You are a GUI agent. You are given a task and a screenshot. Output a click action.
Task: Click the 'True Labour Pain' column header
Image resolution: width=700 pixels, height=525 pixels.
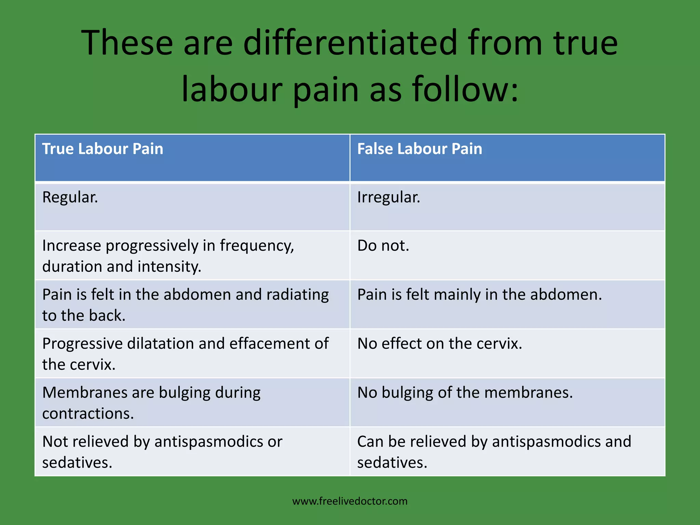(x=103, y=149)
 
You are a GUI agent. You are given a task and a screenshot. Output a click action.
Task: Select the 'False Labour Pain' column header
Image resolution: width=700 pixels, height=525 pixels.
(x=419, y=149)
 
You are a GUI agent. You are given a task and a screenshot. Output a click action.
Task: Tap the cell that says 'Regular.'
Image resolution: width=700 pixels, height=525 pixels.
(x=70, y=198)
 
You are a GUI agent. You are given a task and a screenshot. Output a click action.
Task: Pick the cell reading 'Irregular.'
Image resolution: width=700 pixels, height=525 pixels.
(x=389, y=198)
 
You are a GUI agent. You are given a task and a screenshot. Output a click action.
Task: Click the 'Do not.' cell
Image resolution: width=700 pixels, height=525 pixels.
(x=383, y=246)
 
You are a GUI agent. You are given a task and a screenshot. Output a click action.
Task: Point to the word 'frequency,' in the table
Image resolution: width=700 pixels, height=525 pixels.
(x=257, y=246)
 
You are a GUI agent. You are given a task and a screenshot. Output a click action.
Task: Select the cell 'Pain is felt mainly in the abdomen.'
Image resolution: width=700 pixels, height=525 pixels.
(x=479, y=295)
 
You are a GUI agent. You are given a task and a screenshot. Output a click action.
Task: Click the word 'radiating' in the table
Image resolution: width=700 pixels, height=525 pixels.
(x=297, y=295)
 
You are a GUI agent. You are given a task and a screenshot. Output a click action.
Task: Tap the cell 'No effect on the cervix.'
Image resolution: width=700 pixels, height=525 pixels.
(x=440, y=344)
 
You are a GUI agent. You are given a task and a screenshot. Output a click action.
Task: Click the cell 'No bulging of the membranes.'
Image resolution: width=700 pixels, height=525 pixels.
(x=465, y=393)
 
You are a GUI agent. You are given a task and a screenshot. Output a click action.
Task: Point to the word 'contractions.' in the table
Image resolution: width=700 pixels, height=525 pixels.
(x=88, y=414)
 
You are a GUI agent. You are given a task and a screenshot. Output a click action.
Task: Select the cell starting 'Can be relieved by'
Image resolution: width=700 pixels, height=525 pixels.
(x=494, y=452)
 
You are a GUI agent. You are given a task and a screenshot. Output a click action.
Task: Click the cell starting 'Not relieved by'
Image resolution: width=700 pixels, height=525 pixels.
(x=162, y=452)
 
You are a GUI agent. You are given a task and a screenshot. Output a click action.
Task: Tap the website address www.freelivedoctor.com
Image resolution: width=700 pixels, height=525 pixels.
(x=350, y=501)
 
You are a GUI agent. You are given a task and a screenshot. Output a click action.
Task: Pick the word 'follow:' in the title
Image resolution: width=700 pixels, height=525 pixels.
(x=465, y=90)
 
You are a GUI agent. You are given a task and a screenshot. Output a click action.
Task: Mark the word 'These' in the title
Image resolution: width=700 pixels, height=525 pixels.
(x=127, y=43)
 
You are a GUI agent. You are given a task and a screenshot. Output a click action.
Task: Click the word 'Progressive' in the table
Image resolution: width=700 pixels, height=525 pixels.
(x=82, y=344)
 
